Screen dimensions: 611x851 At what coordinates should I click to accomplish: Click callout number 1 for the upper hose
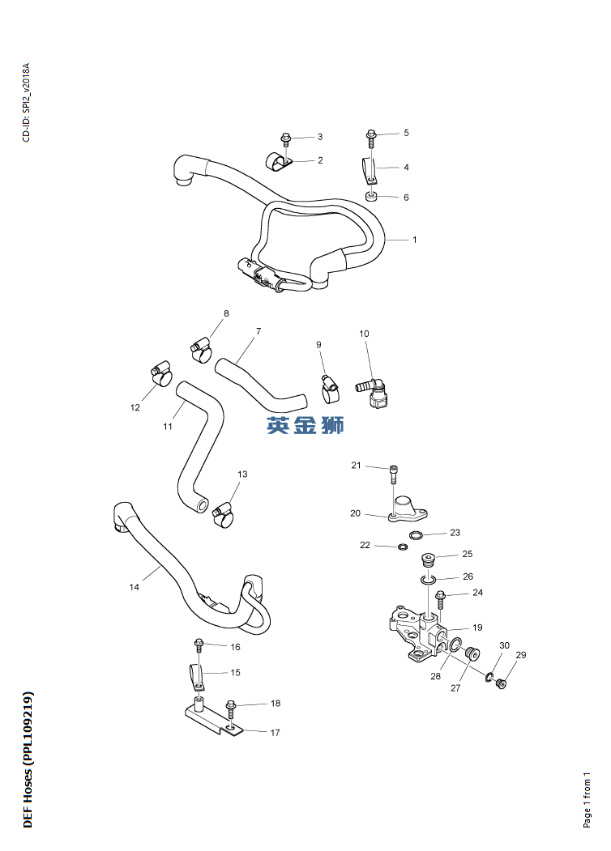click(x=414, y=240)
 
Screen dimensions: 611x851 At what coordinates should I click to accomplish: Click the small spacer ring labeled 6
click(x=372, y=195)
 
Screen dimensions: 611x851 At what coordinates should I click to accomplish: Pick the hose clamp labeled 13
click(x=222, y=516)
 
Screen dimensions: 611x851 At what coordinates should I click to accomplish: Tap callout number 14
click(x=135, y=587)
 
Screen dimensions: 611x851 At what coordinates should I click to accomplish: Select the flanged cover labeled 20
click(x=408, y=508)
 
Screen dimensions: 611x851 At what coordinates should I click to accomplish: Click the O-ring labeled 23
click(x=416, y=536)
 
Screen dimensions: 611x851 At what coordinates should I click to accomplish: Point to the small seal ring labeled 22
click(x=402, y=547)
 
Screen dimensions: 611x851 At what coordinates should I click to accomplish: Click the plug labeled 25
click(x=429, y=560)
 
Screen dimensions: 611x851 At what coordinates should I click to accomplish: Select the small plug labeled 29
click(x=502, y=684)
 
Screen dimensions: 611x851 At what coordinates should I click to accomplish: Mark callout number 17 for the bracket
click(x=276, y=733)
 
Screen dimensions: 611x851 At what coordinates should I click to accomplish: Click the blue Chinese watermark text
click(x=305, y=426)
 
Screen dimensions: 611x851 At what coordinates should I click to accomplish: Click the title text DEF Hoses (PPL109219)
click(x=28, y=760)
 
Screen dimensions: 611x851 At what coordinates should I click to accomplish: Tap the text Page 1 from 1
click(x=587, y=800)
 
